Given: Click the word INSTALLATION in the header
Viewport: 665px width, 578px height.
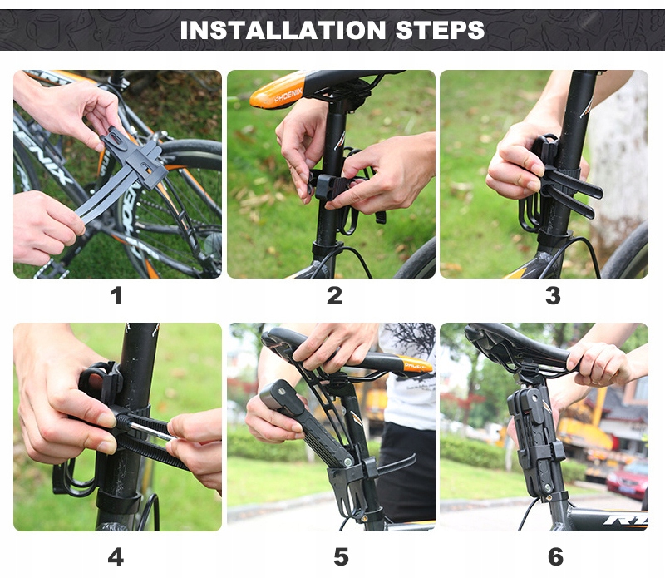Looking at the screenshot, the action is pyautogui.click(x=283, y=30).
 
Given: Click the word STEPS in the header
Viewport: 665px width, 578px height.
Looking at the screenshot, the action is pyautogui.click(x=440, y=30).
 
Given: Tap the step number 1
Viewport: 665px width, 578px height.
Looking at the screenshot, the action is pyautogui.click(x=116, y=296).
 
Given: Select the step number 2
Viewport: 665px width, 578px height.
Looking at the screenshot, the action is pyautogui.click(x=334, y=296).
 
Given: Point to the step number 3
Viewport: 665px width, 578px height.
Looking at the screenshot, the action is pyautogui.click(x=553, y=296).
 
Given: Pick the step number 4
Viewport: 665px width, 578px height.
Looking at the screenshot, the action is pyautogui.click(x=116, y=556).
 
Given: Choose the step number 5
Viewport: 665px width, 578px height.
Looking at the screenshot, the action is pyautogui.click(x=341, y=556).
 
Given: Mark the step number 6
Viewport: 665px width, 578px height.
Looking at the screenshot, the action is pyautogui.click(x=555, y=556).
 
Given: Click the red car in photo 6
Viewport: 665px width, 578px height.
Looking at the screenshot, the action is pyautogui.click(x=628, y=482).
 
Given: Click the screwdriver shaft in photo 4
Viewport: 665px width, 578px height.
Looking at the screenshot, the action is pyautogui.click(x=152, y=432).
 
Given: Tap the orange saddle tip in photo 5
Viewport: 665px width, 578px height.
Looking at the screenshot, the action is pyautogui.click(x=418, y=366).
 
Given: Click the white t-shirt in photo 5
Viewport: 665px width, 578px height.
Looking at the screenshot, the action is pyautogui.click(x=408, y=378).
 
